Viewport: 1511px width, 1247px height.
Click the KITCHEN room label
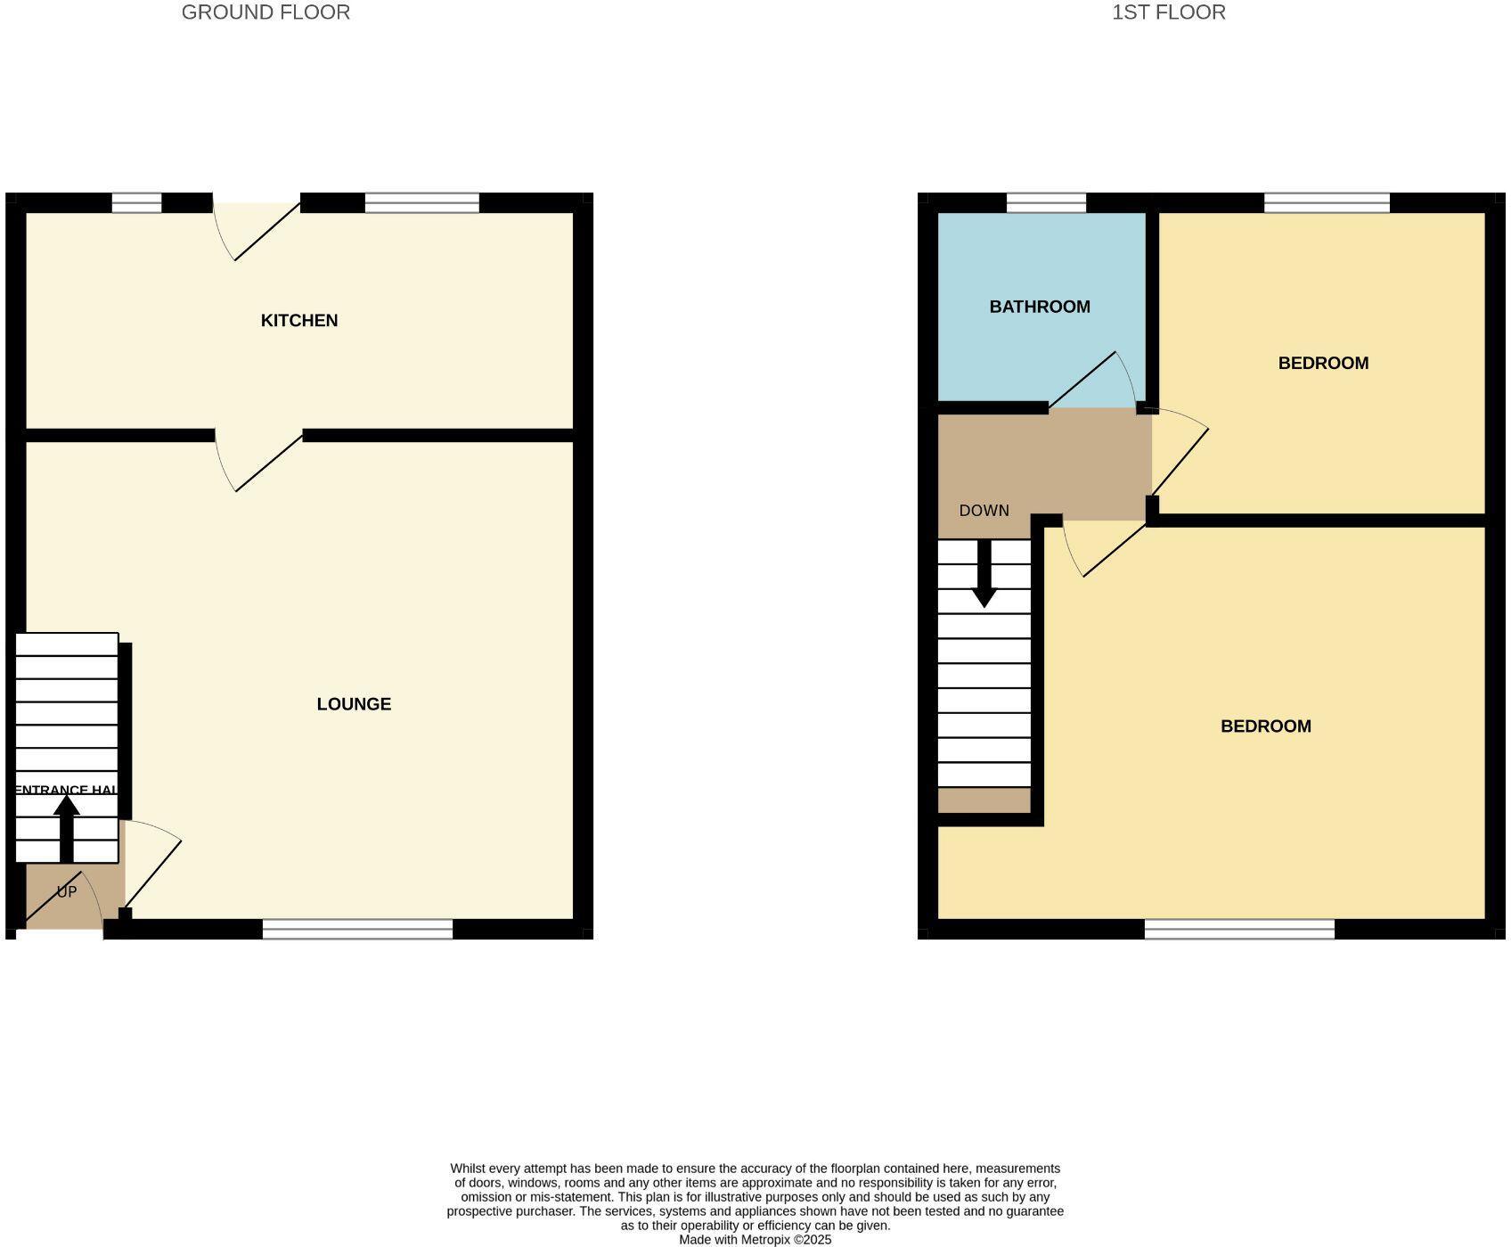click(x=299, y=321)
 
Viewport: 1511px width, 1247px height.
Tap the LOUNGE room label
click(x=354, y=704)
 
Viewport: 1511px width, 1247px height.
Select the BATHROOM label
click(x=1040, y=307)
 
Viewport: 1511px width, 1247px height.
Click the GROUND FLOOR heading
click(x=265, y=12)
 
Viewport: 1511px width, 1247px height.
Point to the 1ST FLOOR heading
click(x=1168, y=12)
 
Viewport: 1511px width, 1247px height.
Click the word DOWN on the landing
click(x=984, y=511)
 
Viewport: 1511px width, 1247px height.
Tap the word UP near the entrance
click(x=67, y=892)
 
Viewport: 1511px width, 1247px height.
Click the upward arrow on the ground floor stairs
click(x=67, y=828)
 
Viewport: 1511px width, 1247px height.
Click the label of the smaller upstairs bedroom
click(x=1323, y=363)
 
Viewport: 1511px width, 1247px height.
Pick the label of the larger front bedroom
click(x=1265, y=726)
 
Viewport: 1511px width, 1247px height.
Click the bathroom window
click(x=1046, y=203)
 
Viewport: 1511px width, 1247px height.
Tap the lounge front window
click(x=357, y=930)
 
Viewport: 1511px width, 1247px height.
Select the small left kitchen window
click(x=136, y=203)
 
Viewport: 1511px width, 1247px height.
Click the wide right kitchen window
click(x=421, y=203)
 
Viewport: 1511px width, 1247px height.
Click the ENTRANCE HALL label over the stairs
click(x=67, y=790)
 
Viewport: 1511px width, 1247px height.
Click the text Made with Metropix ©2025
click(x=755, y=1240)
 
